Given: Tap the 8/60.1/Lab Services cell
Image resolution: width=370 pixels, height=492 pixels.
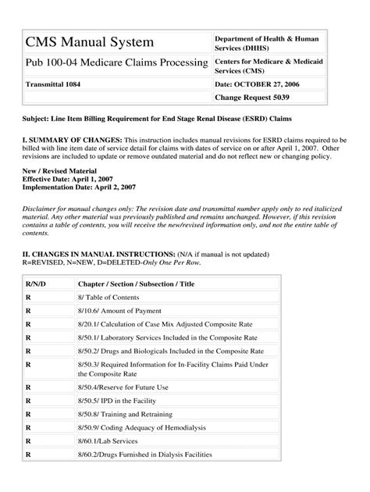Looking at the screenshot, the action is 111,441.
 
